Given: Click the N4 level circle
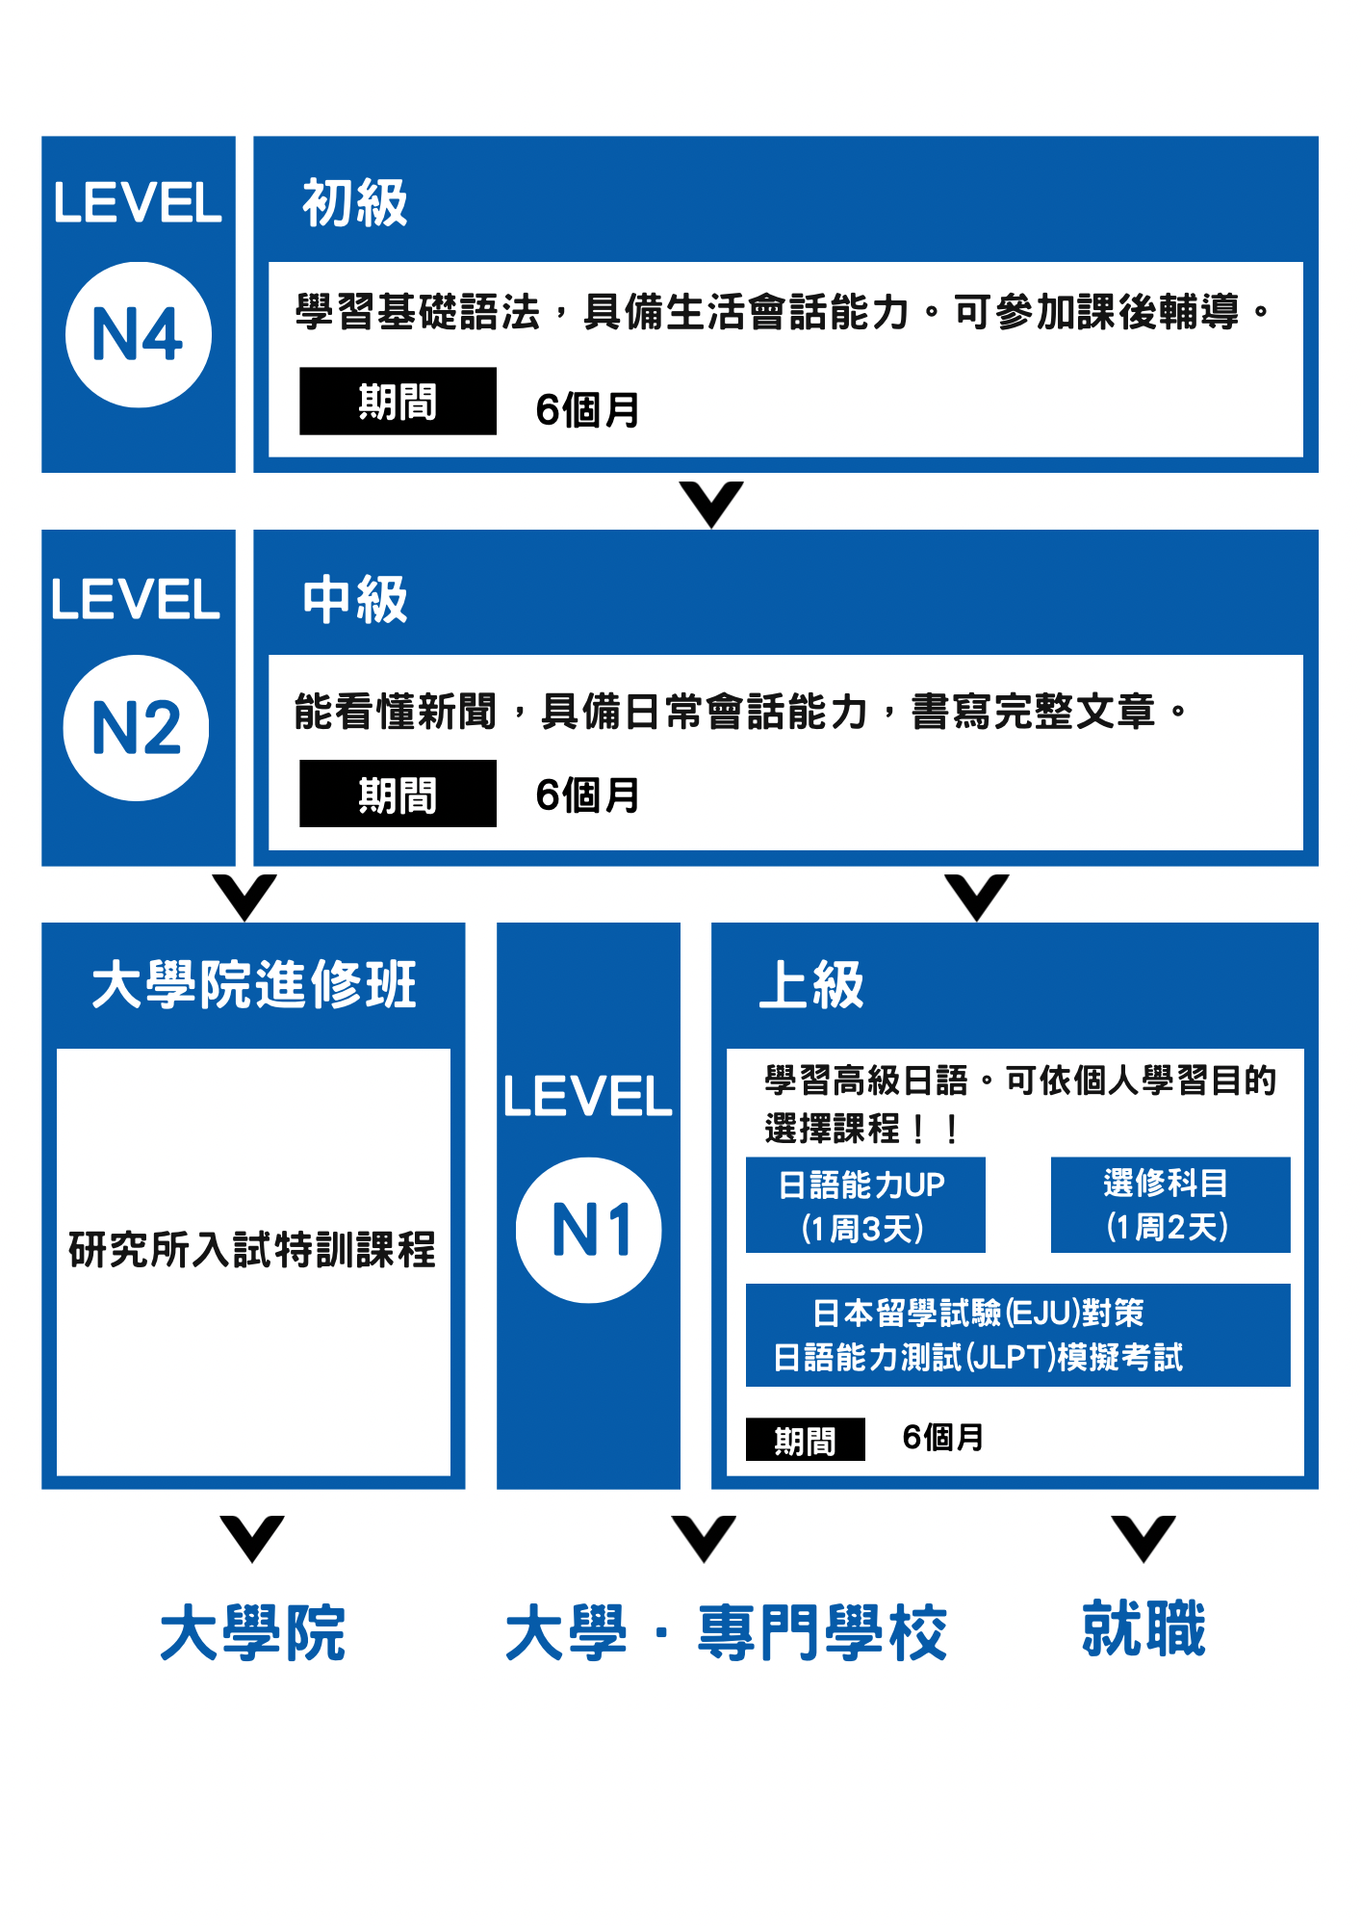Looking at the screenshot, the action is pyautogui.click(x=139, y=334).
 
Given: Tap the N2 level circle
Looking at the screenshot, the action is pyautogui.click(x=136, y=727).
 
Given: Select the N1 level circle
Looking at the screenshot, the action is pyautogui.click(x=588, y=1230).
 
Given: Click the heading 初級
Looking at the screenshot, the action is pyautogui.click(x=355, y=202).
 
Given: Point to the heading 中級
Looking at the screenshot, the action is pyautogui.click(x=355, y=599).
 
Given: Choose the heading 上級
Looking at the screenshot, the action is pyautogui.click(x=811, y=984).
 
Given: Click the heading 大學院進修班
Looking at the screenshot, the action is pyautogui.click(x=254, y=984).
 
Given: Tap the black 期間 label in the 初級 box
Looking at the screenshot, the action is pyautogui.click(x=398, y=401).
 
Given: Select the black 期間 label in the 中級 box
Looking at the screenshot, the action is pyautogui.click(x=398, y=794).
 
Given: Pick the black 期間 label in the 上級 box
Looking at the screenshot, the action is pyautogui.click(x=805, y=1440).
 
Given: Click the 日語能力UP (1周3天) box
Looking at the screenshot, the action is pyautogui.click(x=865, y=1205).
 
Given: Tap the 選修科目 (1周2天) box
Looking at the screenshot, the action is pyautogui.click(x=1170, y=1205).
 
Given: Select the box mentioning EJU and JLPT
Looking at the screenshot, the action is pyautogui.click(x=1018, y=1335).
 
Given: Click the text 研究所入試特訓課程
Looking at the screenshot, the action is pyautogui.click(x=252, y=1250).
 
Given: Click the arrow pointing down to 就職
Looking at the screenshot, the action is pyautogui.click(x=1144, y=1538).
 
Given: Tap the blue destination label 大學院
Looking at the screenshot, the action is pyautogui.click(x=252, y=1632).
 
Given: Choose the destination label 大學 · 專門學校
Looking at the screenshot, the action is pyautogui.click(x=727, y=1632).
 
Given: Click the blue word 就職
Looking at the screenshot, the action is pyautogui.click(x=1144, y=1628).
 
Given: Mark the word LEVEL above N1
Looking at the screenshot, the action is pyautogui.click(x=587, y=1096).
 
